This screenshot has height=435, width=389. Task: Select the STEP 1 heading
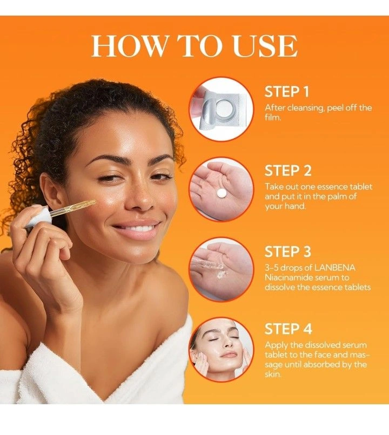pos(286,92)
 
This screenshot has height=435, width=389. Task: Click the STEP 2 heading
pos(287,171)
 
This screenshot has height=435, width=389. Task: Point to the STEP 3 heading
pos(287,252)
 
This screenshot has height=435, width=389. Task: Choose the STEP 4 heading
pos(288,329)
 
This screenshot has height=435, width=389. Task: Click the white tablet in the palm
pos(222,193)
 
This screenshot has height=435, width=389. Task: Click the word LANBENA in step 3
pos(334,268)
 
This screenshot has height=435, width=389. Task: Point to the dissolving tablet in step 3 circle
pos(222,274)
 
